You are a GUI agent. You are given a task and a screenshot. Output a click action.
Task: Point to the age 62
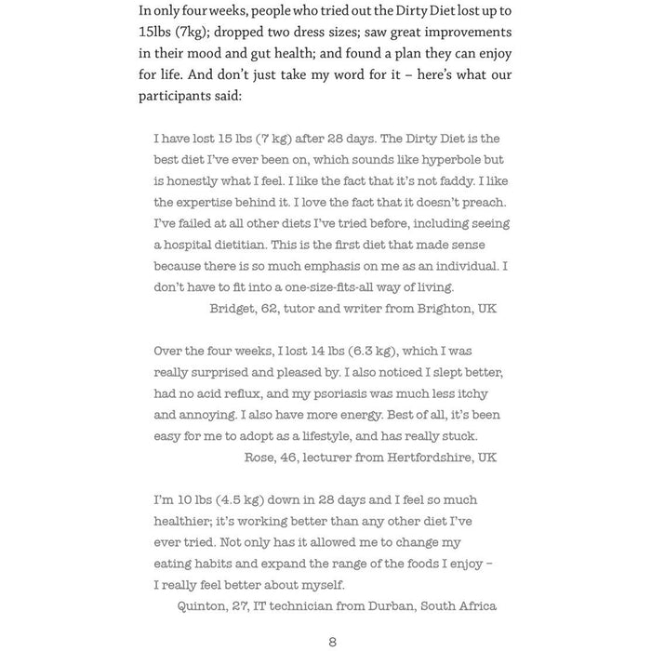point(272,308)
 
